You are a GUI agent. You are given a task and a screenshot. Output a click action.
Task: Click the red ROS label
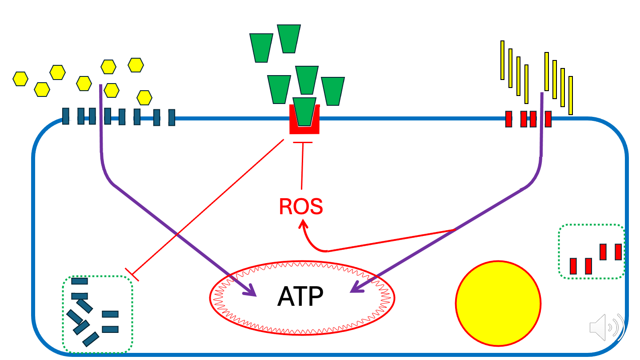pos(301,206)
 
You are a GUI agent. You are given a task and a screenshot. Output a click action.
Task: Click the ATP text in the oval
pos(300,296)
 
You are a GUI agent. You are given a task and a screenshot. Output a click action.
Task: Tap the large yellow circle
pos(498,304)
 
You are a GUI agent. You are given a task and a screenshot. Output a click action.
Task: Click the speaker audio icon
pos(606,328)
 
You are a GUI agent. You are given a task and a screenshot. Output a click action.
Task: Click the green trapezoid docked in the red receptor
pos(305,111)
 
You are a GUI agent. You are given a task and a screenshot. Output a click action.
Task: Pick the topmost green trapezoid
pos(289,39)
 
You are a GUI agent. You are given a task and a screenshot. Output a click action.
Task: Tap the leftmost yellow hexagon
pos(20,79)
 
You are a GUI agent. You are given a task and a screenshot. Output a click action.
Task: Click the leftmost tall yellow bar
pos(502,60)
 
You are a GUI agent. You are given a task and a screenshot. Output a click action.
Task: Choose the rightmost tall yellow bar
pos(571,96)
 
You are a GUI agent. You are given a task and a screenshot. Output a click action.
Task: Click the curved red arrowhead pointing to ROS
pos(302,222)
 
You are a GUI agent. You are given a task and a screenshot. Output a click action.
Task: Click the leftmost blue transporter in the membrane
pos(66,116)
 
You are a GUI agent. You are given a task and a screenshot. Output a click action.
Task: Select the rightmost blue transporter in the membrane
pos(172,118)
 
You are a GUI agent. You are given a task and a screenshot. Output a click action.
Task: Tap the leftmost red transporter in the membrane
pos(508,119)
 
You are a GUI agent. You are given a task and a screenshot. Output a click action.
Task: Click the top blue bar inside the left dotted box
pos(80,281)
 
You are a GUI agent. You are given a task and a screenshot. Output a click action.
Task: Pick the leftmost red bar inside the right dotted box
pos(573,266)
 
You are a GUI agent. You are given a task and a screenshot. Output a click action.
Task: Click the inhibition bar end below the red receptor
pos(303,143)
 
